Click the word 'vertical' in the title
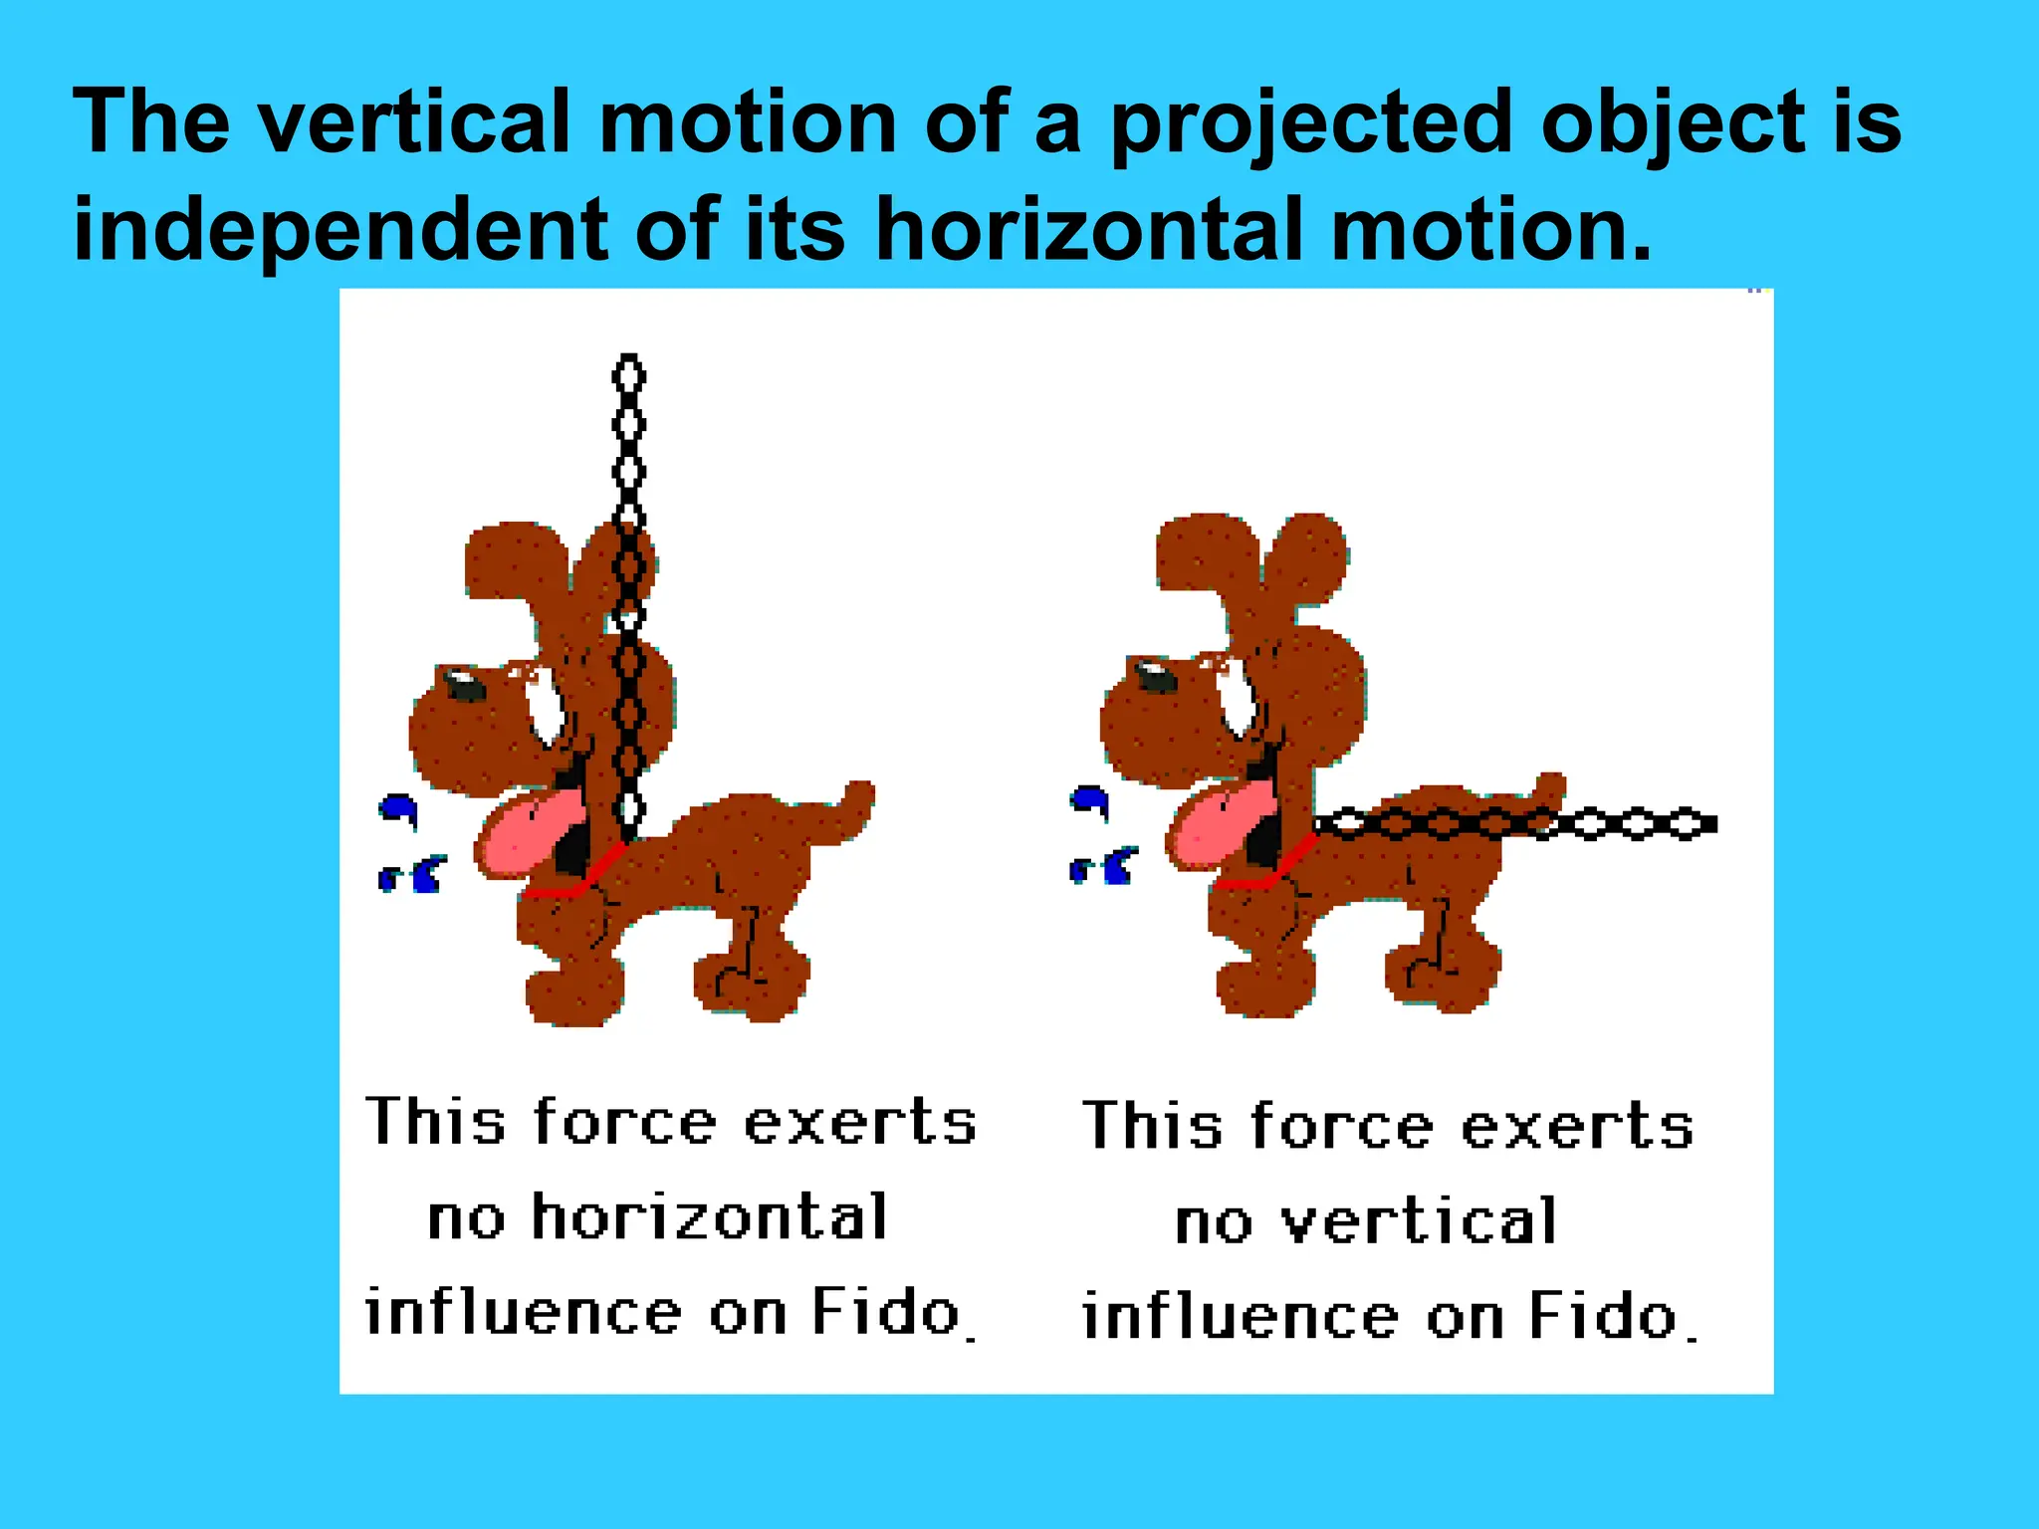(x=415, y=121)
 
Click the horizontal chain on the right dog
(x=1613, y=824)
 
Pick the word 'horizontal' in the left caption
(x=709, y=1216)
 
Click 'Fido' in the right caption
(x=1603, y=1316)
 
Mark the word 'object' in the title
(x=1674, y=123)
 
